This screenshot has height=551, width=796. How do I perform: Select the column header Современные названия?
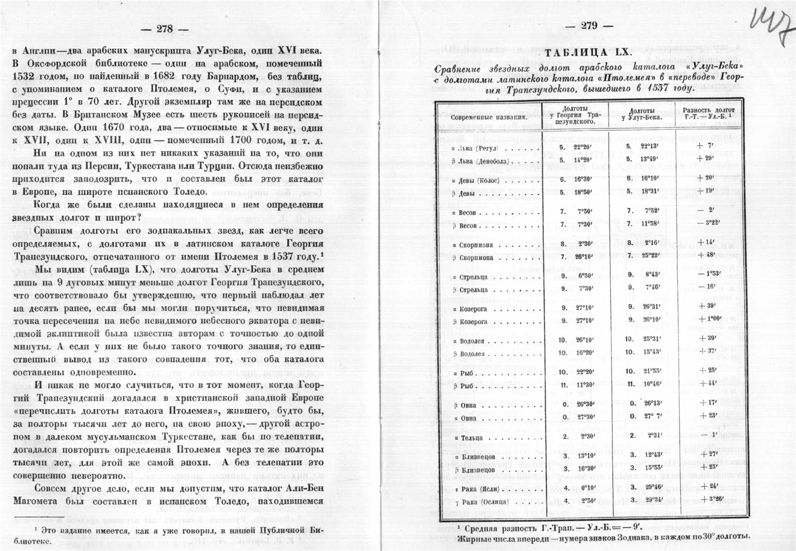[x=488, y=115]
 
